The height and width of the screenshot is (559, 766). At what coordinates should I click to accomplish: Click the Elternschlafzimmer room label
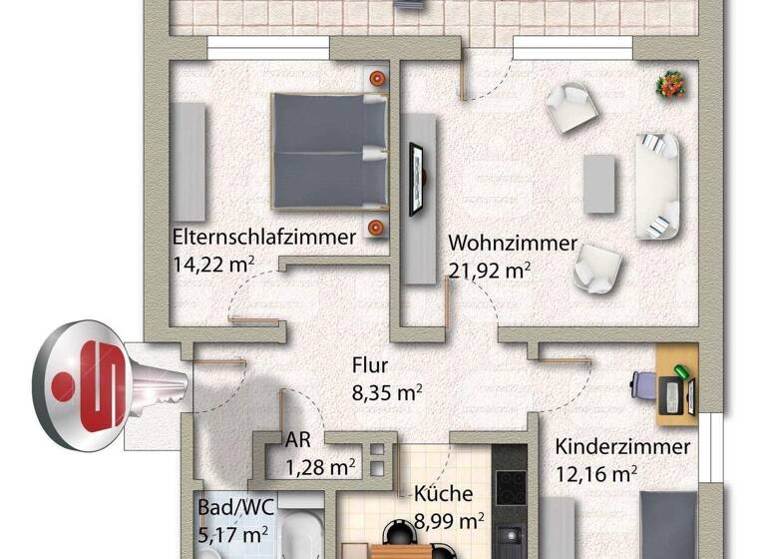pyautogui.click(x=264, y=238)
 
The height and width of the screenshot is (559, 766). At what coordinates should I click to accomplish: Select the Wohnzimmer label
pyautogui.click(x=513, y=244)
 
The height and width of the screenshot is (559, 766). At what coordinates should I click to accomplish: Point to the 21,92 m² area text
pyautogui.click(x=489, y=270)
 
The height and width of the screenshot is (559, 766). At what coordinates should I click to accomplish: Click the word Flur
pyautogui.click(x=370, y=365)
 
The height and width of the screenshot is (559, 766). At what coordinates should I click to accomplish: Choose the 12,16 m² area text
pyautogui.click(x=596, y=472)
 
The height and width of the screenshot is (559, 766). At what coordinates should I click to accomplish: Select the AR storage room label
pyautogui.click(x=297, y=440)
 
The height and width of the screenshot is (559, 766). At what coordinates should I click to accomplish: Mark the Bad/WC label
pyautogui.click(x=230, y=508)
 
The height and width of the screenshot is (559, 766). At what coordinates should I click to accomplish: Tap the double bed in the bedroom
pyautogui.click(x=329, y=151)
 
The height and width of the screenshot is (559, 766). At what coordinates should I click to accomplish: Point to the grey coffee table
pyautogui.click(x=599, y=183)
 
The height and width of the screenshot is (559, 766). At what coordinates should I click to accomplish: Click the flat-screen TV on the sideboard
pyautogui.click(x=416, y=178)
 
